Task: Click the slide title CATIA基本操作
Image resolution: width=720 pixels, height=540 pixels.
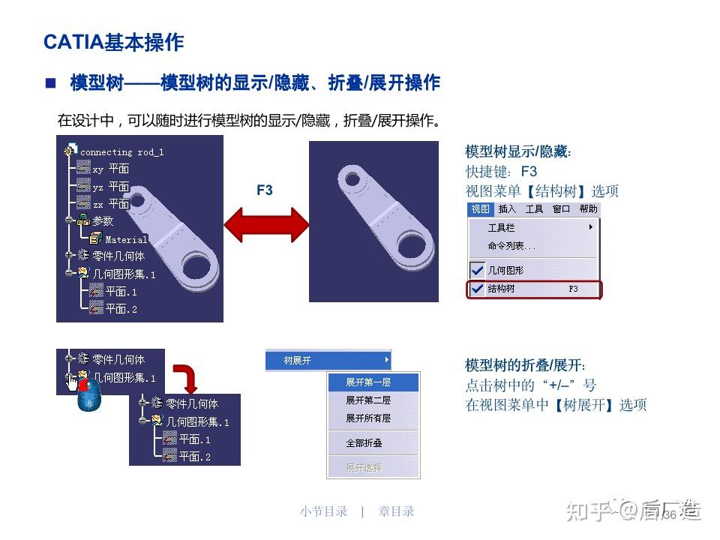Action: pos(114,42)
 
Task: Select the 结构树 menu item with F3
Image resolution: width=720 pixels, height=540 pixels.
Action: pos(533,289)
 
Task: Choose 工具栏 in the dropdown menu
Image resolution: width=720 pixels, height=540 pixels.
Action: pos(502,227)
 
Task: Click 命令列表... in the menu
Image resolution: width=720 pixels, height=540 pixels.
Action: pos(511,246)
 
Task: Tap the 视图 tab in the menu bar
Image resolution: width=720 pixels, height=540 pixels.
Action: pos(480,209)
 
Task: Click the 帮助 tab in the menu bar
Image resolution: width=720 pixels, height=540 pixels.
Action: pos(588,209)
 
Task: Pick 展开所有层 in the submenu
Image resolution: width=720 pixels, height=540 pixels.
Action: pos(367,418)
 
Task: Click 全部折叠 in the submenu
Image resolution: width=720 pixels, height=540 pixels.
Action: pos(364,443)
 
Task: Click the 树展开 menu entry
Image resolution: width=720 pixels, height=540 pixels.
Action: pos(298,361)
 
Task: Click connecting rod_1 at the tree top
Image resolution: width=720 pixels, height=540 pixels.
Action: pos(121,152)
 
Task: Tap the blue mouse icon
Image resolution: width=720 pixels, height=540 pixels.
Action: pos(88,394)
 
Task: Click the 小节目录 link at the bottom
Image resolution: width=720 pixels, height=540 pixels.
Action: pos(323,511)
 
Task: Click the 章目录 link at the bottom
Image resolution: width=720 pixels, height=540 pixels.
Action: pos(396,511)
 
